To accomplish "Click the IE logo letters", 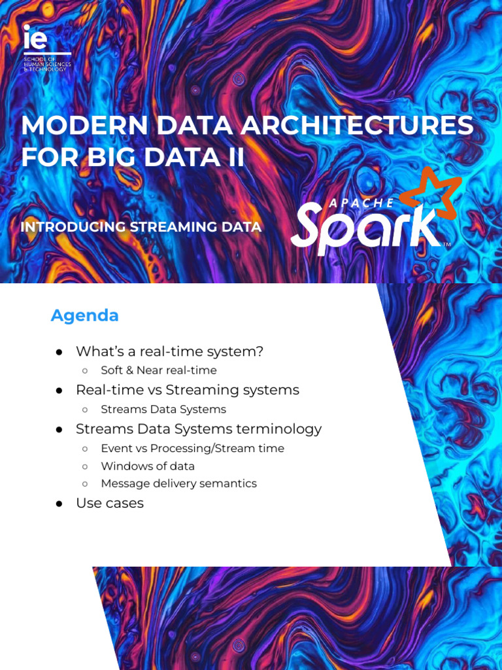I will coord(35,39).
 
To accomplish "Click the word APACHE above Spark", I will coord(361,203).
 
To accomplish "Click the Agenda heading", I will coord(85,315).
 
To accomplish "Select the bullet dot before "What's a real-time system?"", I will coord(59,352).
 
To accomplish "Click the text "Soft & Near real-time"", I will coord(158,370).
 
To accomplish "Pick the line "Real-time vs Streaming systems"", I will coord(187,390).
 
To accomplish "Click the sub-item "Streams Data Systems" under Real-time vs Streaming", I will coord(163,410).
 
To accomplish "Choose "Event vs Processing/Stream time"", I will coord(192,449).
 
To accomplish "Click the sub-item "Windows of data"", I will coord(147,467).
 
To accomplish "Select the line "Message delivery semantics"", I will coord(178,484).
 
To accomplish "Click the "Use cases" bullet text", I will coord(109,503).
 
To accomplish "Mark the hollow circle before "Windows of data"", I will coord(85,467).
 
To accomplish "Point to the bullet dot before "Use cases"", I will coord(59,504).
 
